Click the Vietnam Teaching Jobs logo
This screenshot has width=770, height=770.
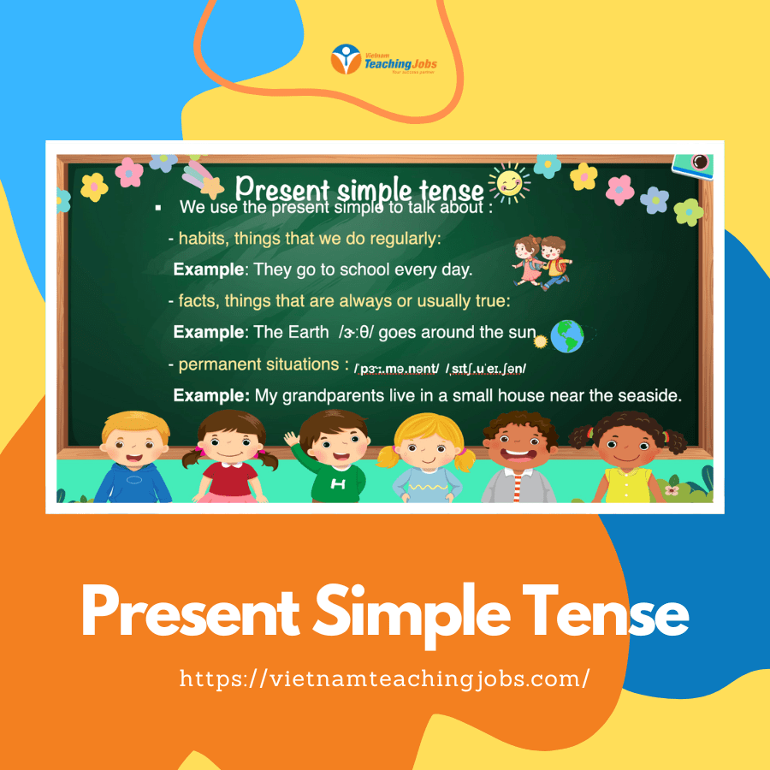384,59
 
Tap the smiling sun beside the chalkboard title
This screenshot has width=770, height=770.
509,183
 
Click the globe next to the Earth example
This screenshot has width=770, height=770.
567,336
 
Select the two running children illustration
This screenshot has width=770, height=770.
542,263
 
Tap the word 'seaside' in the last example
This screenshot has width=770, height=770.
649,396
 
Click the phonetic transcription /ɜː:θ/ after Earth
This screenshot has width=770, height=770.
356,333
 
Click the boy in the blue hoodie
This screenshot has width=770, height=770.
134,457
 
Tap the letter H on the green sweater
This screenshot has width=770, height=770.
338,484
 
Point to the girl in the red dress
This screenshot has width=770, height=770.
230,457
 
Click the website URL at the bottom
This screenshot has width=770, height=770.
384,679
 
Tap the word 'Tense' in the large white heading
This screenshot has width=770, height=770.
605,612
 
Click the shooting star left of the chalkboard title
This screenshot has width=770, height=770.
202,179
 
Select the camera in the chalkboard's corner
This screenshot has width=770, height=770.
693,165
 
